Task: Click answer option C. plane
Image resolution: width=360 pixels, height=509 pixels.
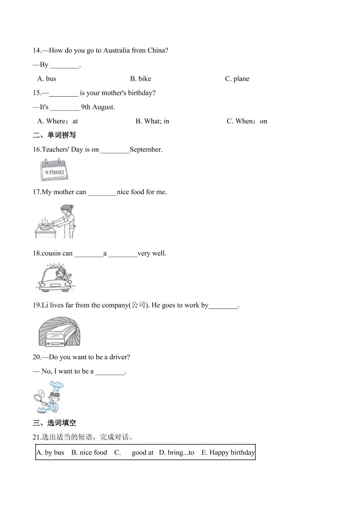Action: (x=237, y=79)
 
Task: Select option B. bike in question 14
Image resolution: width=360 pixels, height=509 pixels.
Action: (x=140, y=79)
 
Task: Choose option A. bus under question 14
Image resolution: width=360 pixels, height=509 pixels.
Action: (x=47, y=79)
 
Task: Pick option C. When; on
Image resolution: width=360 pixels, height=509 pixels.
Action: (x=247, y=121)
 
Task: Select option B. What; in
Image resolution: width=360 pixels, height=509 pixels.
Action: (x=152, y=121)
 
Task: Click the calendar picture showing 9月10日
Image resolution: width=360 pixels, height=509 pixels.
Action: (x=54, y=170)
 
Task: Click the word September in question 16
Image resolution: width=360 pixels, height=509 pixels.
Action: (x=146, y=149)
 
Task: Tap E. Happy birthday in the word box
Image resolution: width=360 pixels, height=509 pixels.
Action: (x=228, y=452)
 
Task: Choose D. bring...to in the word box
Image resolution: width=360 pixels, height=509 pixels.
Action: (x=176, y=452)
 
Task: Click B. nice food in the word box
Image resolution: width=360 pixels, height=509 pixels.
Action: (x=89, y=452)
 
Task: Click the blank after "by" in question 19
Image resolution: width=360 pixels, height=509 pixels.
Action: (x=223, y=306)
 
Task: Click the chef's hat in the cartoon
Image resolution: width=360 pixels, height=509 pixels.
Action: (x=57, y=387)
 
